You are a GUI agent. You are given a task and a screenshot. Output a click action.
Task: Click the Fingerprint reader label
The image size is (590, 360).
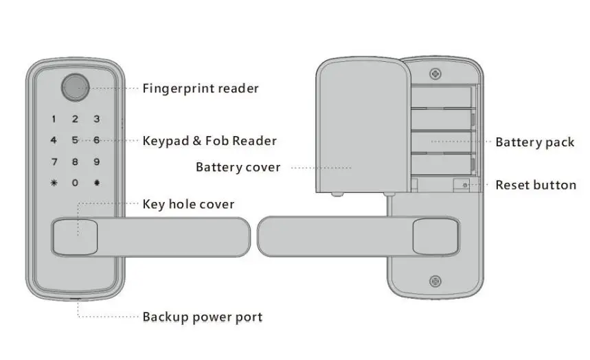click(x=201, y=89)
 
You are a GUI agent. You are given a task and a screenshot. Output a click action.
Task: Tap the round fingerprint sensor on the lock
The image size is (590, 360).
click(x=74, y=87)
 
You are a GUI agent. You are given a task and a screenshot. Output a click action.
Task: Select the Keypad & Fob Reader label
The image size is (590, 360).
click(x=209, y=141)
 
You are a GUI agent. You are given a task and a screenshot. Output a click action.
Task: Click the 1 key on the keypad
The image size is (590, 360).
click(x=54, y=119)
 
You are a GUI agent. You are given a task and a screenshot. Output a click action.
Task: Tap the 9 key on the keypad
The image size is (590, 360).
click(x=97, y=161)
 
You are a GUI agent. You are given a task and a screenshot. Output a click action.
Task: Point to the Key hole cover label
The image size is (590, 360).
click(x=188, y=204)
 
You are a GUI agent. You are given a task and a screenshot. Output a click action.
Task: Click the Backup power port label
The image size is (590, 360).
click(x=202, y=317)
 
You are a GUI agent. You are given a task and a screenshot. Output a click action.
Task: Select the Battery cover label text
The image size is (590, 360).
click(x=238, y=167)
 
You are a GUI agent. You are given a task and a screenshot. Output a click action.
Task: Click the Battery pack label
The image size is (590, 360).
click(x=534, y=142)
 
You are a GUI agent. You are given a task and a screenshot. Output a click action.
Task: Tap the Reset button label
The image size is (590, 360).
click(x=536, y=185)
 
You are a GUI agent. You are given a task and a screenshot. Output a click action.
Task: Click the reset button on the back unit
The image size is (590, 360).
click(x=466, y=185)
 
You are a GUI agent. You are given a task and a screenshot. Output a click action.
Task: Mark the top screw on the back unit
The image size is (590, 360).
click(x=434, y=73)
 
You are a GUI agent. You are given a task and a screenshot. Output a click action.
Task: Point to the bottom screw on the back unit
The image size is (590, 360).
click(x=434, y=280)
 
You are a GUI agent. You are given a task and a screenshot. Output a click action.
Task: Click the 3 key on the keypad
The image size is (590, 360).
click(x=97, y=119)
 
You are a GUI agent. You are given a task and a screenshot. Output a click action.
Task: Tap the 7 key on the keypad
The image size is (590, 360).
click(x=54, y=161)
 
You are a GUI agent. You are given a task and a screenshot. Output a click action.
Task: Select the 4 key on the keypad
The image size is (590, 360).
click(x=54, y=140)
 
